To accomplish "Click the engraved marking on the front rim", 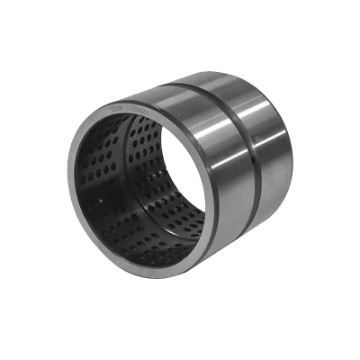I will (126, 113).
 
